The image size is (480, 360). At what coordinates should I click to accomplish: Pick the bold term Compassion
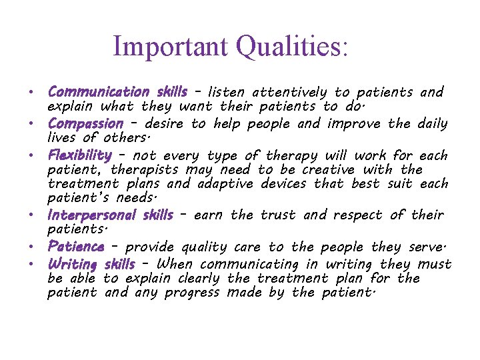[85, 123]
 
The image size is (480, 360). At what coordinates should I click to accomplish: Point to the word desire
[165, 123]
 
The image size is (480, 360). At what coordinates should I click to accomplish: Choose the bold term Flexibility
[79, 155]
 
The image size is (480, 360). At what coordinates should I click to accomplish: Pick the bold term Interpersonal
[91, 215]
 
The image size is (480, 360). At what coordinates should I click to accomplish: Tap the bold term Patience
[75, 246]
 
